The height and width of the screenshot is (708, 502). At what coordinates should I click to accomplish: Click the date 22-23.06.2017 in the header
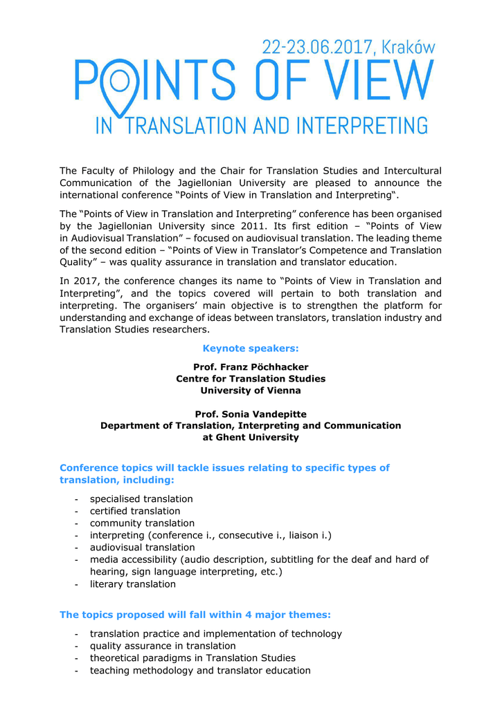(x=318, y=47)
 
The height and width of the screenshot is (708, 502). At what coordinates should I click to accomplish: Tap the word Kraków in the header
(x=409, y=47)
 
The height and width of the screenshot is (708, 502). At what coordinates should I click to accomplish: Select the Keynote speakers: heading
(x=251, y=348)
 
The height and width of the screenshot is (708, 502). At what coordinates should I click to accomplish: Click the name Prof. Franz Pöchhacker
(x=251, y=367)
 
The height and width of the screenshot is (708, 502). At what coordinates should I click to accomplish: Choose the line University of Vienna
(x=251, y=391)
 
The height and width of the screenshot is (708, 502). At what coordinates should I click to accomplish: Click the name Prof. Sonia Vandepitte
(x=251, y=414)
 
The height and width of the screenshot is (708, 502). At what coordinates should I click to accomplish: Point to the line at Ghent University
(x=251, y=438)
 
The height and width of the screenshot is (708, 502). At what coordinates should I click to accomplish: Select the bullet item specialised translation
(x=141, y=499)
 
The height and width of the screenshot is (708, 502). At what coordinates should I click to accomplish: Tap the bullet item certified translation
(x=135, y=511)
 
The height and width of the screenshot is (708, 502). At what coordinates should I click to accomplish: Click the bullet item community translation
(x=142, y=523)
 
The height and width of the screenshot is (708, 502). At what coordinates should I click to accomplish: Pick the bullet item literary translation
(x=133, y=584)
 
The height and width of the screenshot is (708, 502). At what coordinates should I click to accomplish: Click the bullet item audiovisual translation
(x=142, y=548)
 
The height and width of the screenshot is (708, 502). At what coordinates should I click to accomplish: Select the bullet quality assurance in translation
(x=163, y=646)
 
